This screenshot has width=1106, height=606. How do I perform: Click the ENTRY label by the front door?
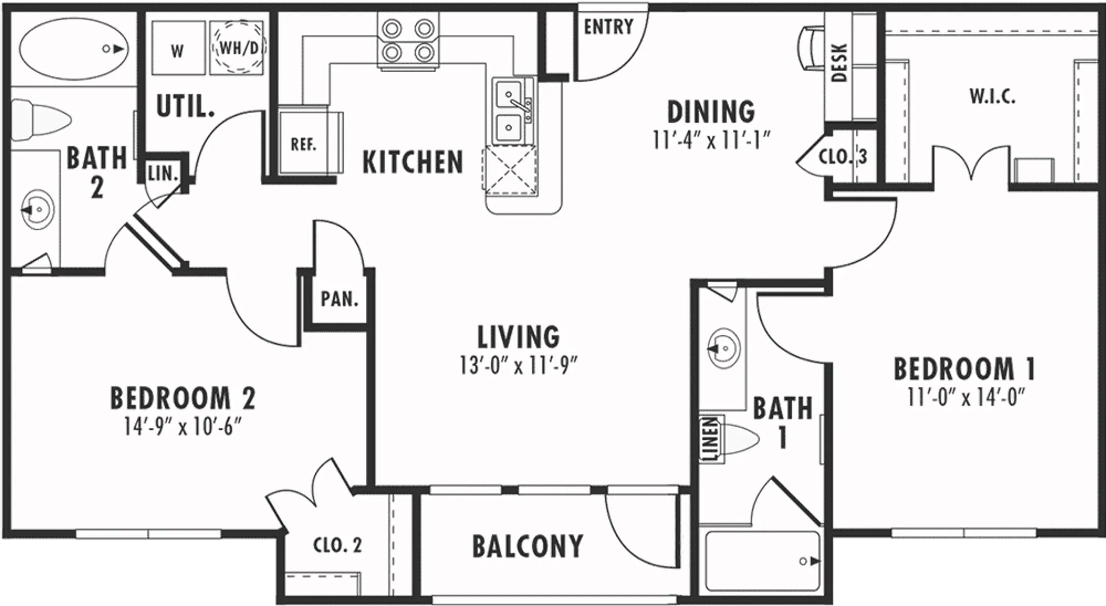pyautogui.click(x=608, y=27)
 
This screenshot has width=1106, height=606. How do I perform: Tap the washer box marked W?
pyautogui.click(x=177, y=49)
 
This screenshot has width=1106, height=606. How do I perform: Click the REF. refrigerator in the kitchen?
pyautogui.click(x=304, y=145)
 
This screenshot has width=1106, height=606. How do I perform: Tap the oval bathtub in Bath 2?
pyautogui.click(x=74, y=49)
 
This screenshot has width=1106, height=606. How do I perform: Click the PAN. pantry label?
pyautogui.click(x=340, y=299)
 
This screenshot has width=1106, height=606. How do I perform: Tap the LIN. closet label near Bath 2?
pyautogui.click(x=163, y=174)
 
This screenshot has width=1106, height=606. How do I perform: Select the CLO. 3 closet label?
pyautogui.click(x=842, y=157)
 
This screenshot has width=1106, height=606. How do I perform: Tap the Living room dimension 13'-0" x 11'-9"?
pyautogui.click(x=518, y=366)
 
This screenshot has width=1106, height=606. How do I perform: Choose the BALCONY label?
pyautogui.click(x=527, y=546)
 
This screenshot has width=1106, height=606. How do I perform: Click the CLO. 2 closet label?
pyautogui.click(x=338, y=545)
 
